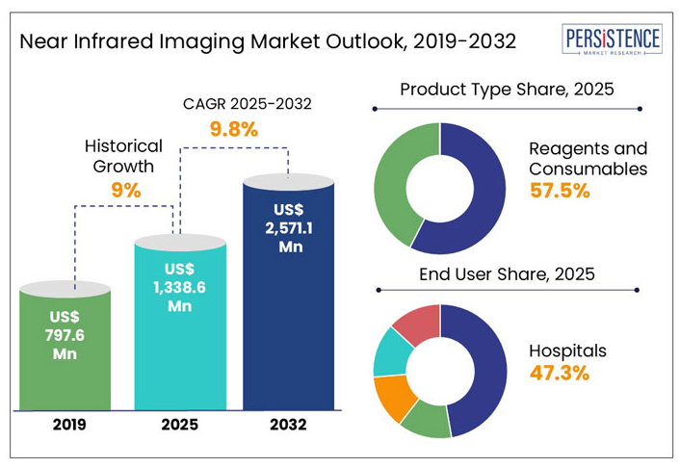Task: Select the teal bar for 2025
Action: tap(180, 327)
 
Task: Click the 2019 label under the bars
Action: tap(65, 424)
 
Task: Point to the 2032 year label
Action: tap(288, 424)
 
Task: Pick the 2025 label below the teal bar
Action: tap(180, 424)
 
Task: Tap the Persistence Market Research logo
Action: tap(612, 40)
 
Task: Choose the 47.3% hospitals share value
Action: tap(560, 373)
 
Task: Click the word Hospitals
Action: tap(568, 351)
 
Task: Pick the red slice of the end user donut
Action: tap(414, 323)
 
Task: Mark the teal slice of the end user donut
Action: tap(389, 351)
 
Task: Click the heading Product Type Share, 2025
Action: tap(507, 90)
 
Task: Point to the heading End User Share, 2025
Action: tap(507, 274)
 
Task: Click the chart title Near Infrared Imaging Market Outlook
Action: tap(267, 41)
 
